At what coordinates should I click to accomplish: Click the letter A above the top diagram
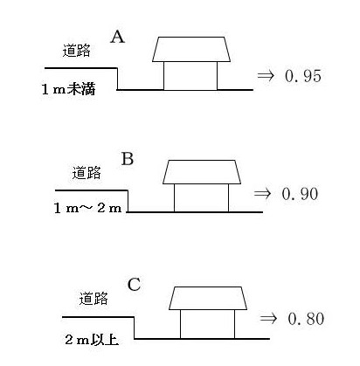tap(118, 37)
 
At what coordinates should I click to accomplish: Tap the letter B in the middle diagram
tap(128, 159)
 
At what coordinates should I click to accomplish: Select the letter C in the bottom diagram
tap(135, 285)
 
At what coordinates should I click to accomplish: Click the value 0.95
tap(303, 76)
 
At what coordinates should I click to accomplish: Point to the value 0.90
tap(300, 194)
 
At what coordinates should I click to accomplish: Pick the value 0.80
tap(306, 319)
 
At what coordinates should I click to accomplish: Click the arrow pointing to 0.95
tap(266, 76)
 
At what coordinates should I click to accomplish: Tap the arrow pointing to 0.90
tap(262, 194)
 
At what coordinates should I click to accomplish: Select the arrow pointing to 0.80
tap(268, 318)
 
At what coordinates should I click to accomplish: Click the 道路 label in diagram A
tap(77, 51)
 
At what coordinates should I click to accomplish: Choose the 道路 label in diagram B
tap(87, 173)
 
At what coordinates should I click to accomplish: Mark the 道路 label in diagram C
tap(93, 299)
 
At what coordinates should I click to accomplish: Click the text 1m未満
tap(69, 89)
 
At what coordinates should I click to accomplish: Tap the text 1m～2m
tap(88, 208)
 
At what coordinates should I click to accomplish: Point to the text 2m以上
tap(92, 340)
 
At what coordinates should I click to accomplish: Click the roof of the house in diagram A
tap(191, 49)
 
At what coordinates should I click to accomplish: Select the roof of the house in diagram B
tap(202, 172)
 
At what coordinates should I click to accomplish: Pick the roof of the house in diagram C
tap(208, 298)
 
